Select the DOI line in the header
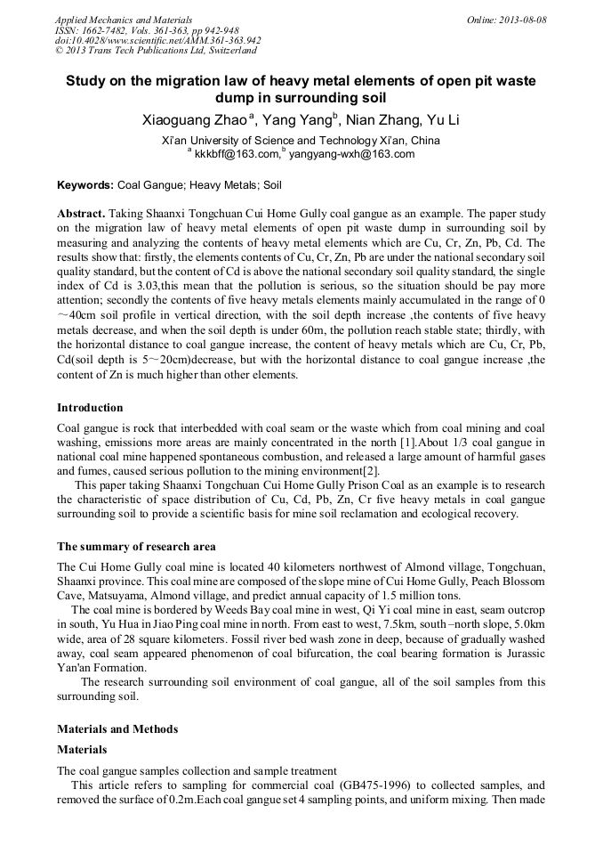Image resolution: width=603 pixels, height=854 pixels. click(x=158, y=41)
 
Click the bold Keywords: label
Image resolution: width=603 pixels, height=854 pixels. click(x=85, y=186)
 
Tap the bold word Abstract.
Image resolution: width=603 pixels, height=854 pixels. click(x=81, y=215)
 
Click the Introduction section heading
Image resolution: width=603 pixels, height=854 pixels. click(x=90, y=408)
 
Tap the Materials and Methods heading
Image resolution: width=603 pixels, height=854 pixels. click(x=117, y=729)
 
